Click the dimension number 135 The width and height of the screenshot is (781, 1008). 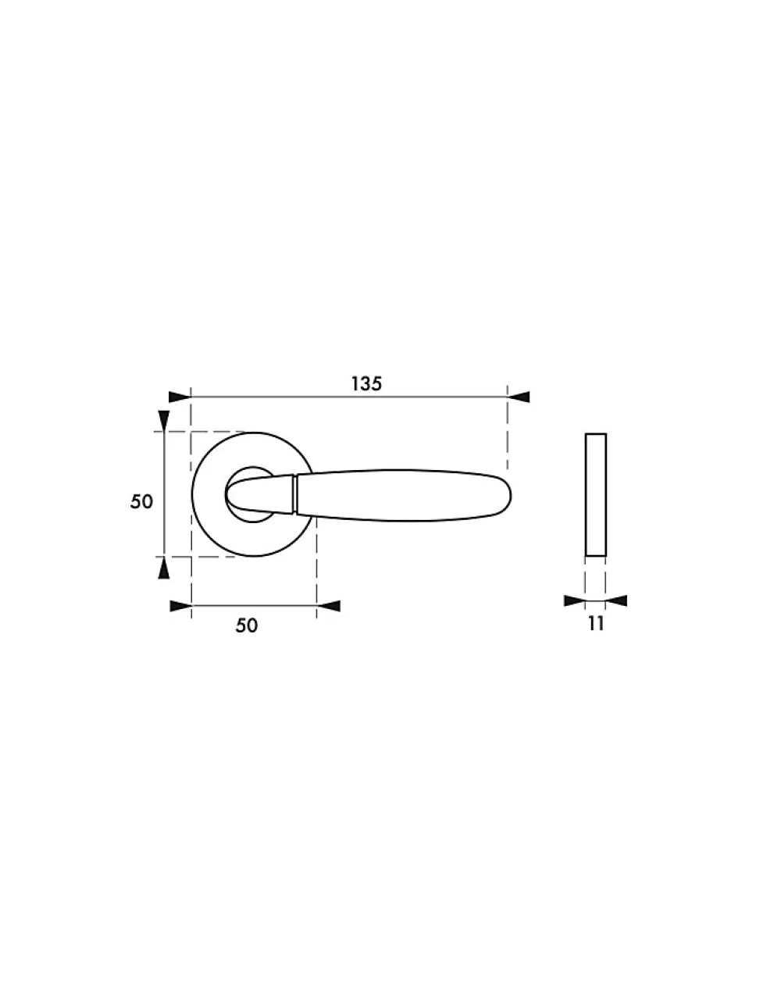pos(366,383)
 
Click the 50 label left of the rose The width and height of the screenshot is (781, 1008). pos(141,501)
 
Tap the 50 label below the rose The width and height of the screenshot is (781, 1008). pos(246,625)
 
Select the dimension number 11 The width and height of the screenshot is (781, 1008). pos(596,624)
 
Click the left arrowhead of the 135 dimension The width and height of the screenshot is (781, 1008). pos(180,397)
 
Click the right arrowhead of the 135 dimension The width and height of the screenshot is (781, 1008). pos(518,397)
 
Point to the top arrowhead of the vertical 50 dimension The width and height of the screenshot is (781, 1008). pos(164,421)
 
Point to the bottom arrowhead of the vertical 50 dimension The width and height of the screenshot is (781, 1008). pos(164,568)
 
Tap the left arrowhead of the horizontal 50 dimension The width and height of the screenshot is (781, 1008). pos(181,606)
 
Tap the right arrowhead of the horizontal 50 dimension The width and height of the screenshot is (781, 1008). pos(329,606)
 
